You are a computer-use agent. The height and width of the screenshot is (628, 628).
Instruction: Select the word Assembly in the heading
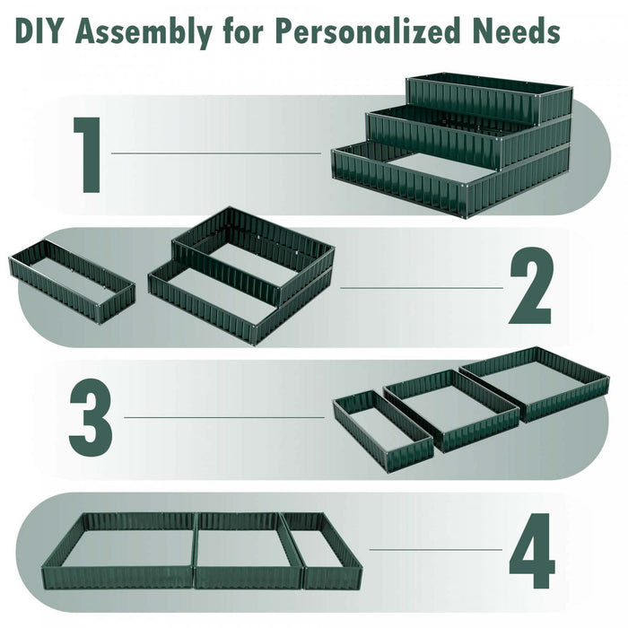[144, 33]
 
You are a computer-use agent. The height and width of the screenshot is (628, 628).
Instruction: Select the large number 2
[529, 289]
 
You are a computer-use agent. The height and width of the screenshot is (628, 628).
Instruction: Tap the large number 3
[91, 417]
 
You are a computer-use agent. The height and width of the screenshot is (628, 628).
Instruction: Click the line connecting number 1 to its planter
[215, 153]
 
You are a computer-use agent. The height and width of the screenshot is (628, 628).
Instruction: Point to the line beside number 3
[224, 417]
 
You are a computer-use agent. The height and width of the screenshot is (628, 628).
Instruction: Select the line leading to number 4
[435, 549]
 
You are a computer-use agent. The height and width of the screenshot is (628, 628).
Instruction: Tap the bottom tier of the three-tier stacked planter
[449, 184]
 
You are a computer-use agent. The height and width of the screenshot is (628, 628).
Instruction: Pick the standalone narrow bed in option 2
[72, 280]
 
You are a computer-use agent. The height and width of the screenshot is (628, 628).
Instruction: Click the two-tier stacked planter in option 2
[242, 274]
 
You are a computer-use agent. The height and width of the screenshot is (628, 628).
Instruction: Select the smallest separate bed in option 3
[382, 428]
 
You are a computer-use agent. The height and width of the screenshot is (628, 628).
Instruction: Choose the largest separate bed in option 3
[536, 382]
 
